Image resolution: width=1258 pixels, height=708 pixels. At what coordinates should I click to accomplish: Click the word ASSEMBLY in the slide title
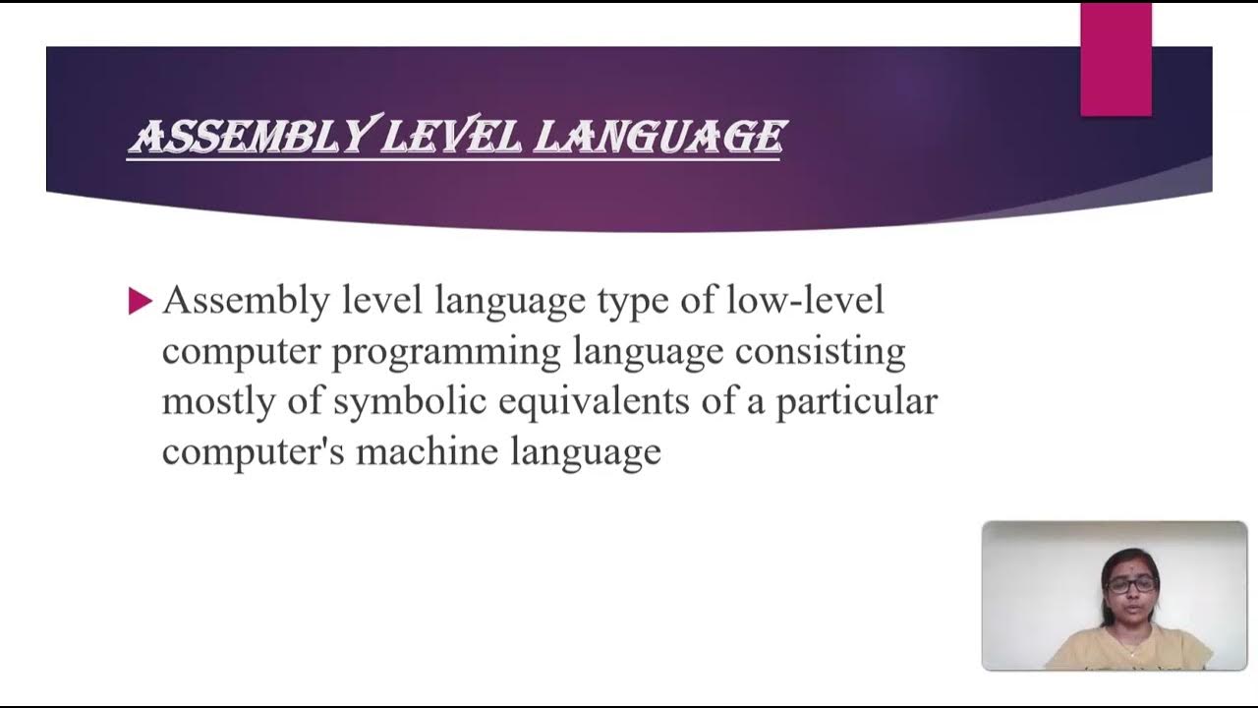coord(250,137)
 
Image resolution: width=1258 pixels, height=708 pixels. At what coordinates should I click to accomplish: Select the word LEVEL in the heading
coord(451,137)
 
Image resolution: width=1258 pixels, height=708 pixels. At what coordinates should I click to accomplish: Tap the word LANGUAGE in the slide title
coord(659,137)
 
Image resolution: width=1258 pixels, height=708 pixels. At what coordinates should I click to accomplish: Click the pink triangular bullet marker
coord(140,301)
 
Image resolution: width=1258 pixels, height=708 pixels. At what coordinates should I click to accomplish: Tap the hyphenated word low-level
coord(805,300)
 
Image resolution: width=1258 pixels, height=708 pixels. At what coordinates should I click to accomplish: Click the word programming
coord(447,352)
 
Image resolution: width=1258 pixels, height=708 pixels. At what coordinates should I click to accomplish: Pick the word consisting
coord(820,352)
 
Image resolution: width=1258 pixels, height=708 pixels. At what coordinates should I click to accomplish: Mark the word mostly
coord(216,402)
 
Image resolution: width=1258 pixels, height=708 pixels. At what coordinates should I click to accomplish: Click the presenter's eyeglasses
coord(1131,584)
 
